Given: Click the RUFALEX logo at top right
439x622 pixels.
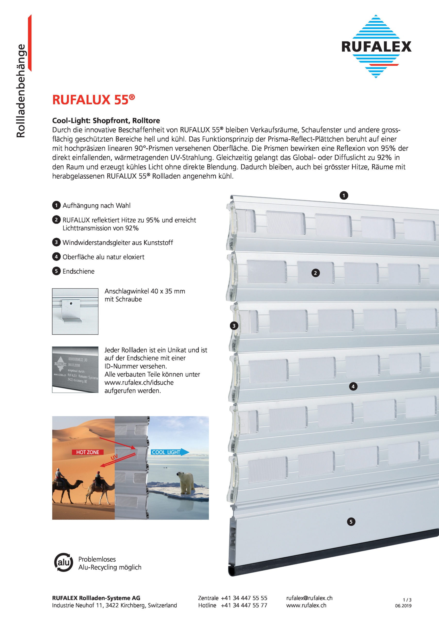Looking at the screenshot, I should tap(376, 47).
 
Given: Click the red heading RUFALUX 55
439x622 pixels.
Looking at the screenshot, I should tap(93, 100).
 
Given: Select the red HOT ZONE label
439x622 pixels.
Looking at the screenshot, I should tap(88, 452).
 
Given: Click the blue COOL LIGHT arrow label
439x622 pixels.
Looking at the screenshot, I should tap(169, 452).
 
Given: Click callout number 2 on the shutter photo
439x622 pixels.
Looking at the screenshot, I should tap(315, 273).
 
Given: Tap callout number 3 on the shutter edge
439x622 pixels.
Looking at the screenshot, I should tap(234, 326).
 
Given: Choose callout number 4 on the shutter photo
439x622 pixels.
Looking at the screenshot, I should tap(353, 386).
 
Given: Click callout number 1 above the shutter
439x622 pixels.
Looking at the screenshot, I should tap(344, 195).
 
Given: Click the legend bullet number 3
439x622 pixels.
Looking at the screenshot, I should tap(56, 242).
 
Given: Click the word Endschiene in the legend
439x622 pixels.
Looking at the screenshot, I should tap(78, 271).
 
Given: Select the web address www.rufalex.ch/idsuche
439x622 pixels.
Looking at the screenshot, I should tap(139, 382).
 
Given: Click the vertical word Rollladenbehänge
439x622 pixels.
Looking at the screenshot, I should tap(21, 91).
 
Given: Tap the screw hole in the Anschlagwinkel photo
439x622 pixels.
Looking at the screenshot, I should tap(71, 304).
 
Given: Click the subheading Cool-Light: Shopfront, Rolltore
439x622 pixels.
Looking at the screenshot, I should tap(106, 121).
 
